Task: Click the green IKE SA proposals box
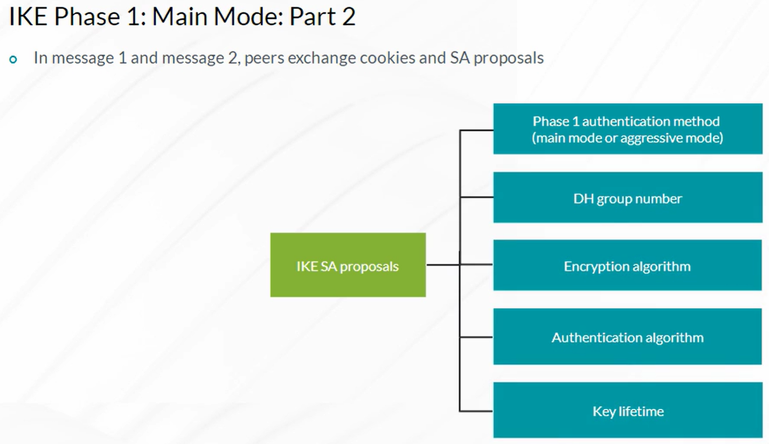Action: click(348, 265)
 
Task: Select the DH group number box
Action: click(628, 197)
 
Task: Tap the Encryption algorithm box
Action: click(627, 265)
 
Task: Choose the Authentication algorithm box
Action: click(627, 337)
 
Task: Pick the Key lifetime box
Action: click(628, 410)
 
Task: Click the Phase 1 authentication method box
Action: click(628, 129)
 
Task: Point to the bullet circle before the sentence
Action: click(13, 60)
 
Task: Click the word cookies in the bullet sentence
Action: click(388, 58)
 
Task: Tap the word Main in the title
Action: click(180, 16)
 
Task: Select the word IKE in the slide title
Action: click(28, 16)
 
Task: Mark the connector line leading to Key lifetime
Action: click(476, 411)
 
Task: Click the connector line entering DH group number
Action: click(476, 197)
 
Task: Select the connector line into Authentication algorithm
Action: click(476, 337)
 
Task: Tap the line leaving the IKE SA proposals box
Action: click(443, 265)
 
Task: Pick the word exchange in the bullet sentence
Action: click(322, 58)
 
